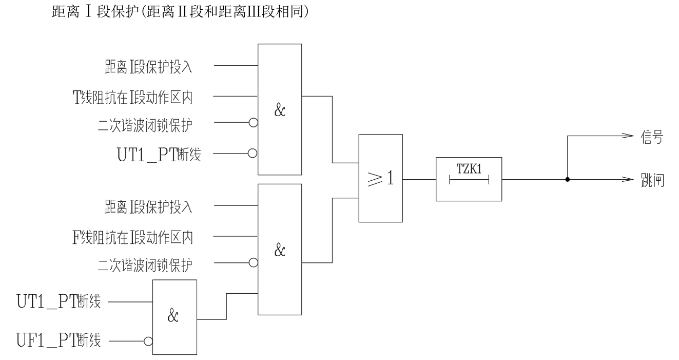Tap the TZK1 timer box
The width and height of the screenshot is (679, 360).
469,179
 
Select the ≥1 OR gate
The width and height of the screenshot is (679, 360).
380,178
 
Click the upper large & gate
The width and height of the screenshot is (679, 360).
280,109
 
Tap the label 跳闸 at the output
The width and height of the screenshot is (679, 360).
655,180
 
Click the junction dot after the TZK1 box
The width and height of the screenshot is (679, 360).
567,180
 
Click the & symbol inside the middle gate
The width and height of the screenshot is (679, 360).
280,251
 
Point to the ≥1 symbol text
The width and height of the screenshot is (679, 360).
380,179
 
